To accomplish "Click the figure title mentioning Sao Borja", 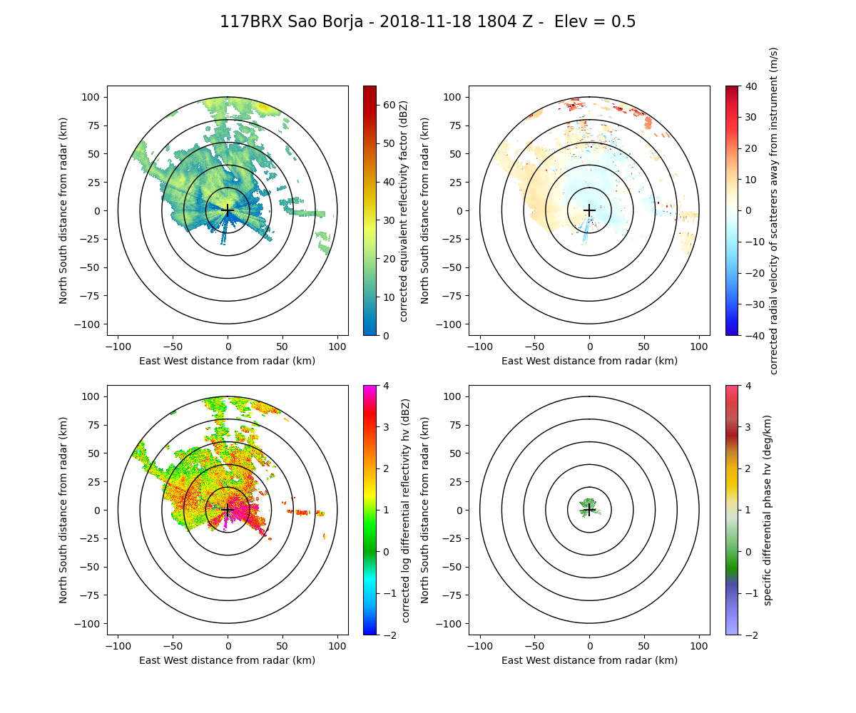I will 428,22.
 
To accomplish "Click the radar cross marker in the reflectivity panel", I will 228,210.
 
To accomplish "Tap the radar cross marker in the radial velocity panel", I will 589,210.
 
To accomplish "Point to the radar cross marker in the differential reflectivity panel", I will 228,510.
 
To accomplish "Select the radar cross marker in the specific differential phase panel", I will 589,510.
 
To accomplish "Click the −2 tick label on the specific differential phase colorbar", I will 748,635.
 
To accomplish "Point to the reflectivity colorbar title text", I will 404,210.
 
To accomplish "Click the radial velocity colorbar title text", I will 774,210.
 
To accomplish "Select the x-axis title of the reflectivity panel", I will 228,361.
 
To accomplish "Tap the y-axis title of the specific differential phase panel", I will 426,510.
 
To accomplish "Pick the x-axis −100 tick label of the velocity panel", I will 480,347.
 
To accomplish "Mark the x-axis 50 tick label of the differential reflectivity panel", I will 282,646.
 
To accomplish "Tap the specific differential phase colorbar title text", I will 768,510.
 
